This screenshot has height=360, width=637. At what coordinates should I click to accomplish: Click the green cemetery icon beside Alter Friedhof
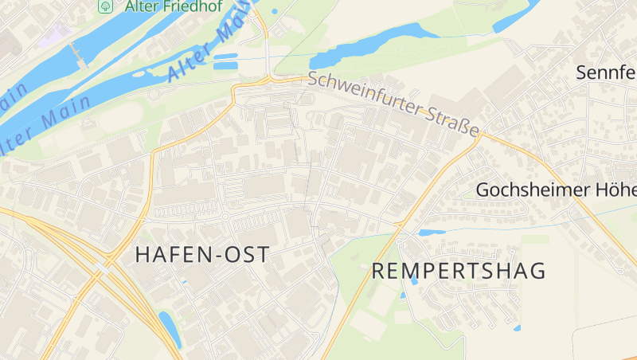[x=104, y=6]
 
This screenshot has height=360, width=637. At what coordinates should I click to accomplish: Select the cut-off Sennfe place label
[x=605, y=73]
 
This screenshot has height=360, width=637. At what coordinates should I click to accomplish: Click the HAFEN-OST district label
[x=202, y=255]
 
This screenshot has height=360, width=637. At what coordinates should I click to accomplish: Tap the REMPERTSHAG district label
[x=459, y=271]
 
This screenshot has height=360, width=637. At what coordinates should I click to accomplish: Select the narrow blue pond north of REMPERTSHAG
[x=432, y=233]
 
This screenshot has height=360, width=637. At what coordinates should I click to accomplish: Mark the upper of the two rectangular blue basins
[x=225, y=57]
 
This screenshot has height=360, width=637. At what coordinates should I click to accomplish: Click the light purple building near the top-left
[x=53, y=34]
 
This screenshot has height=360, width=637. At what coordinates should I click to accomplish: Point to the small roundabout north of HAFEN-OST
[x=225, y=216]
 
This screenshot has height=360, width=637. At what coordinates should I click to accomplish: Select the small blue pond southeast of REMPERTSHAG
[x=518, y=327]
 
